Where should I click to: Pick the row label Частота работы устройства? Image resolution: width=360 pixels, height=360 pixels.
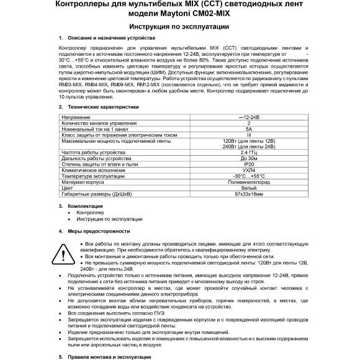(x=91, y=152)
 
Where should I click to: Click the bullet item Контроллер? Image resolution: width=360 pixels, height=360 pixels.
(x=91, y=212)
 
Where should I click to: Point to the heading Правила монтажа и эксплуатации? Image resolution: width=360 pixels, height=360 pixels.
(x=109, y=357)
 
